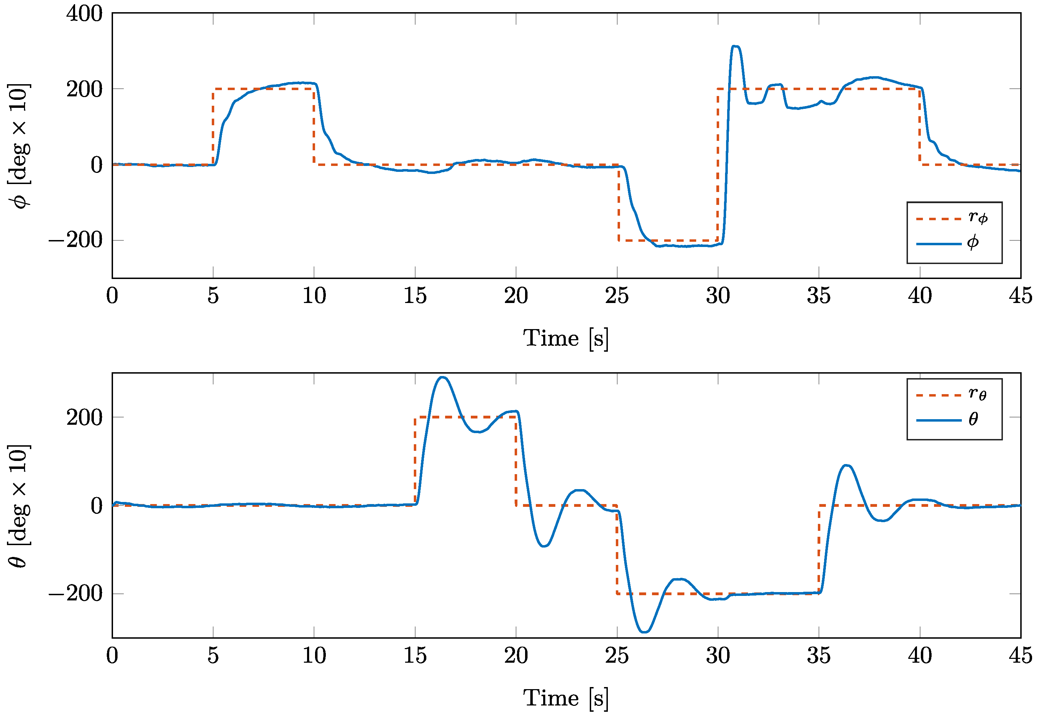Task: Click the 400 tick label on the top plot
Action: click(84, 14)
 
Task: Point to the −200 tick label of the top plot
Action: click(75, 240)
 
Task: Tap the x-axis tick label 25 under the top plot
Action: click(617, 296)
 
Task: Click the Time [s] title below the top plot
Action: click(566, 338)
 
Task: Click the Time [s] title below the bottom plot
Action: click(566, 698)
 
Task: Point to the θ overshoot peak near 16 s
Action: click(443, 377)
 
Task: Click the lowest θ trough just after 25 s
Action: click(644, 632)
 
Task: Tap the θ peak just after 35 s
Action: click(847, 465)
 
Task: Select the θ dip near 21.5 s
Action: click(544, 546)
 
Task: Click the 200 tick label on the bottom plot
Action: click(84, 417)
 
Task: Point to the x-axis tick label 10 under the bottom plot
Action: click(314, 655)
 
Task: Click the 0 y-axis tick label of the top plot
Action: click(96, 165)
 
